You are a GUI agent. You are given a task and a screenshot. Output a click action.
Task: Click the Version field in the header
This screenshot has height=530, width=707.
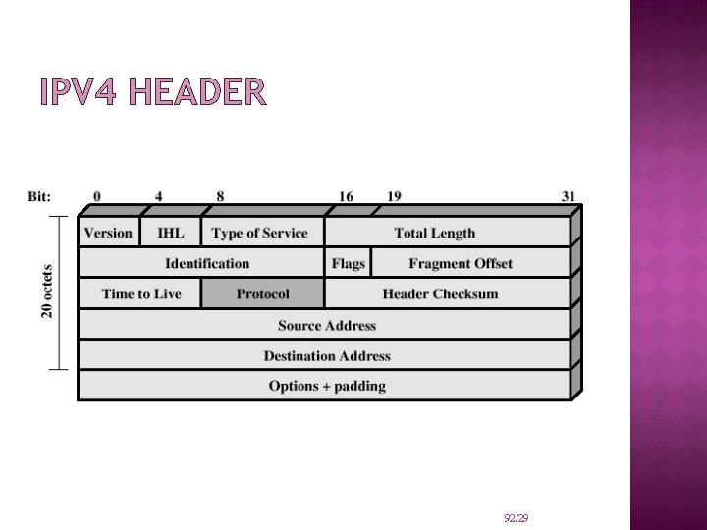tap(108, 233)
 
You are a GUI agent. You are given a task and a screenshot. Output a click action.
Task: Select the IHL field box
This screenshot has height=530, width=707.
tap(171, 233)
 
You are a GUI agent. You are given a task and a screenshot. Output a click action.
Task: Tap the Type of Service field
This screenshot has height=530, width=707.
tap(260, 233)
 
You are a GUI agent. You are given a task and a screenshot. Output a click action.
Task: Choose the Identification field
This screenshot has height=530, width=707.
tap(207, 263)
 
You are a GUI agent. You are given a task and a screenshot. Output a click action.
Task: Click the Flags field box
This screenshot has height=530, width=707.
tap(348, 263)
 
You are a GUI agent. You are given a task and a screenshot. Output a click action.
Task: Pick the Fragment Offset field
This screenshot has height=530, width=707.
tap(461, 263)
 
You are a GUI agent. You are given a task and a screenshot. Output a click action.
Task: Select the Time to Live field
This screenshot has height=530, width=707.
tap(141, 293)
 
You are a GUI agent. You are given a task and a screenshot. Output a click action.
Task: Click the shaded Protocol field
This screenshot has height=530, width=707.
tap(262, 293)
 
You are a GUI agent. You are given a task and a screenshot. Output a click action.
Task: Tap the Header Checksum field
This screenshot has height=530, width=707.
tap(440, 293)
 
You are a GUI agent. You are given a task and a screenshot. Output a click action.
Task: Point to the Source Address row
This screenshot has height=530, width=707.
tap(327, 325)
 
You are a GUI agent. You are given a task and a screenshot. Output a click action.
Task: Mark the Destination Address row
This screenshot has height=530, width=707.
tap(327, 355)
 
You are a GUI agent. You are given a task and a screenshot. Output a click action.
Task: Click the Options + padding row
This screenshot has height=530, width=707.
tap(327, 386)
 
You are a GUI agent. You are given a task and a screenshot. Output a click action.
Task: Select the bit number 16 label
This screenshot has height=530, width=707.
tap(347, 196)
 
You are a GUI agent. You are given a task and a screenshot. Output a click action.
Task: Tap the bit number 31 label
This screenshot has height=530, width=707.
tap(569, 196)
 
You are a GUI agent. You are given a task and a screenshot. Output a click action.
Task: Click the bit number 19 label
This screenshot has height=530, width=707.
tap(394, 196)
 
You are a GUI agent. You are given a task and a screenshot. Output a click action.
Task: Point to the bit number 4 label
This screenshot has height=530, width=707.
tap(159, 196)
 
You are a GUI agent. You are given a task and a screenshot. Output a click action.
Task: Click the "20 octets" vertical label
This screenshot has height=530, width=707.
tap(47, 290)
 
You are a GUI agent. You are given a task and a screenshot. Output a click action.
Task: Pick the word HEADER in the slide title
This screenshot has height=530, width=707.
tap(196, 93)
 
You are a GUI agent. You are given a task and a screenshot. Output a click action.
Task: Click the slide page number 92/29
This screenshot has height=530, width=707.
tap(516, 517)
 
